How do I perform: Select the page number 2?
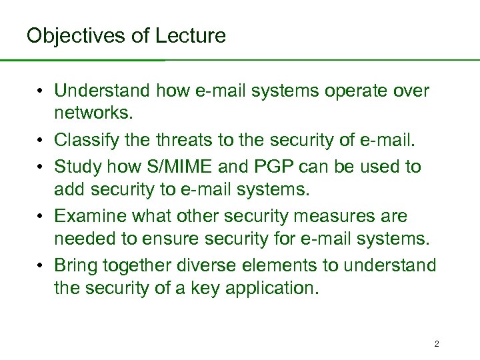pyautogui.click(x=437, y=344)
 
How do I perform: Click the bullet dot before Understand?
pyautogui.click(x=41, y=90)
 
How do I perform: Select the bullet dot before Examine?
pyautogui.click(x=41, y=217)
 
